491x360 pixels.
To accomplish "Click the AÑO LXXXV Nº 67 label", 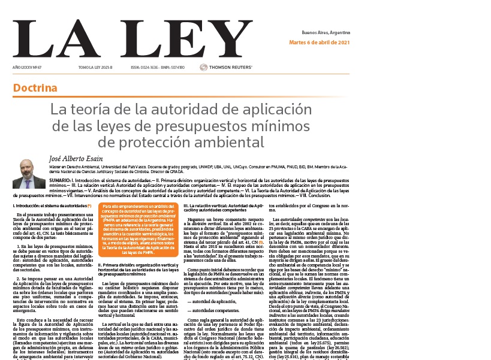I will coord(26,67).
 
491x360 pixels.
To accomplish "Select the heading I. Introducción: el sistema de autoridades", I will coord(50,206).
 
